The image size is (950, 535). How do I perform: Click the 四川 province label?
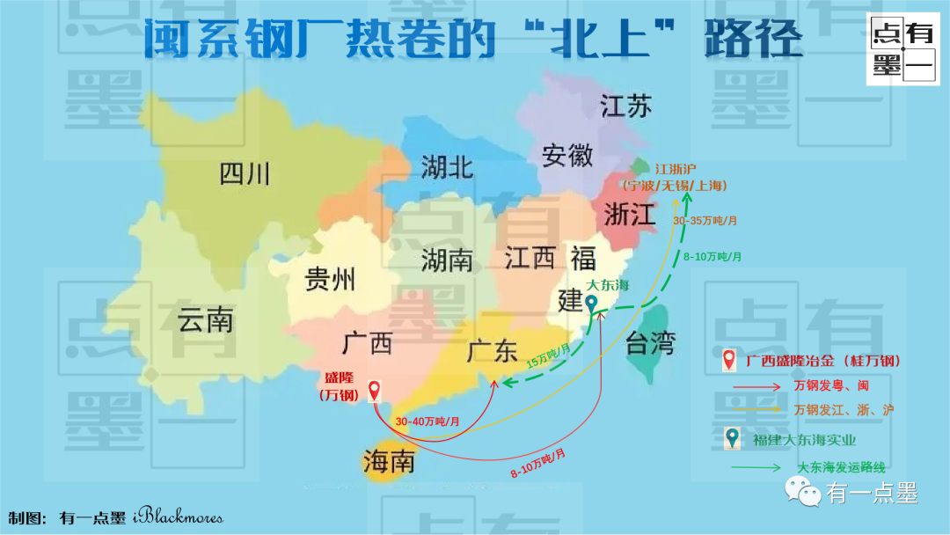tap(245, 173)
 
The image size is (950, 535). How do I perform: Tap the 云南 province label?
tap(206, 320)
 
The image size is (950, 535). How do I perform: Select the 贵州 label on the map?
tap(330, 280)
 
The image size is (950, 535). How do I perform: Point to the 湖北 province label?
tap(447, 166)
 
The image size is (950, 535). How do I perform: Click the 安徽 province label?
tap(567, 156)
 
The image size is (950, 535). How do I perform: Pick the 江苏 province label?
tap(626, 107)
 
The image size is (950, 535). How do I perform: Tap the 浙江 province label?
tap(629, 214)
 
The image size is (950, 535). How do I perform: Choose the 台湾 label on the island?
tap(650, 343)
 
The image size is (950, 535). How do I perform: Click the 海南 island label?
tap(388, 461)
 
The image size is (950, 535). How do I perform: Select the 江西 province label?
tap(530, 258)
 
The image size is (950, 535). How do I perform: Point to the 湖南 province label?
tap(447, 260)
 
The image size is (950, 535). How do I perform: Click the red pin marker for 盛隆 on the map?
tap(375, 391)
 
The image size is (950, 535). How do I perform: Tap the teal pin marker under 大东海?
tap(592, 304)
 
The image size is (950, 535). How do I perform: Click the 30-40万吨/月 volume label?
tap(427, 421)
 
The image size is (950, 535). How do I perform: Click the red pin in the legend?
tap(729, 360)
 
